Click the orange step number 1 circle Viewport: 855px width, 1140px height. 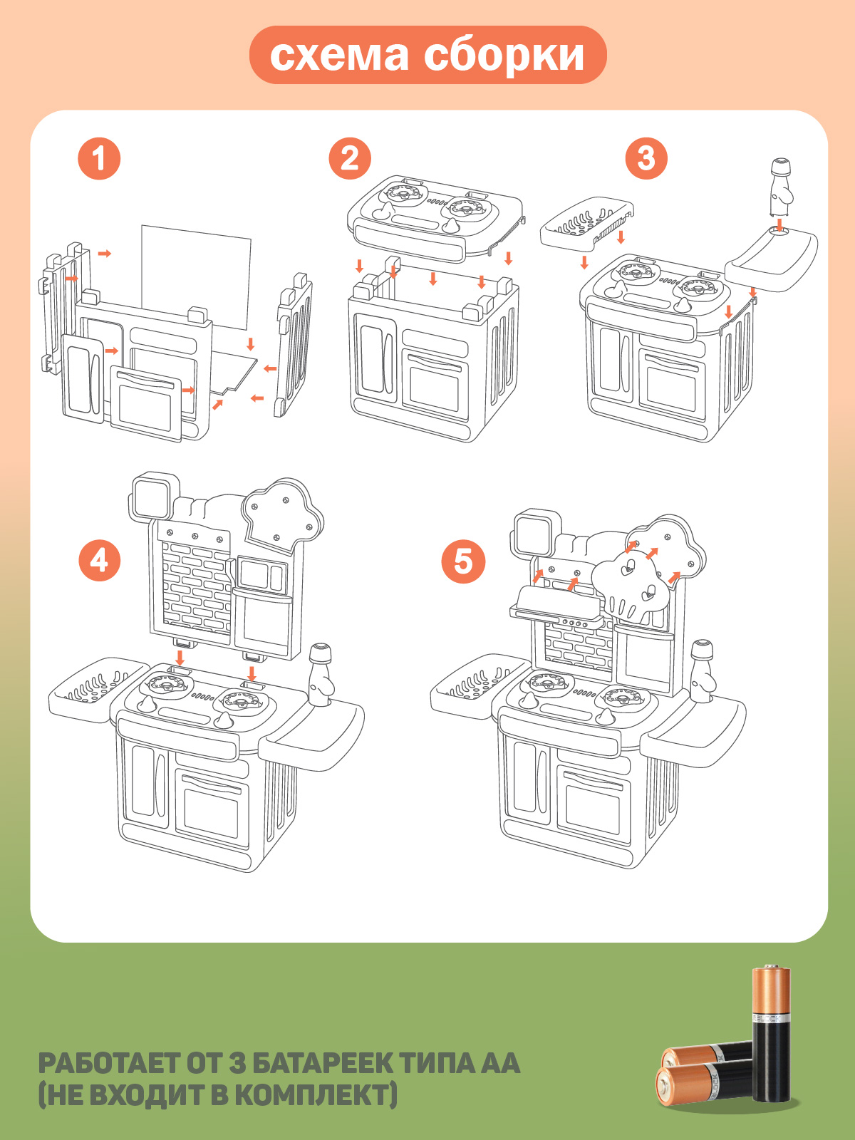[x=99, y=158]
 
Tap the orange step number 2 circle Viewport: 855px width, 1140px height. [x=350, y=158]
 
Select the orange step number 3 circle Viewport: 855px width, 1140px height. [x=646, y=158]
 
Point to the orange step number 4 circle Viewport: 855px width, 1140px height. [x=99, y=560]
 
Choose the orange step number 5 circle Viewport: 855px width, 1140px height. [x=463, y=561]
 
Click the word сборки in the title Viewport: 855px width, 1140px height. [x=504, y=56]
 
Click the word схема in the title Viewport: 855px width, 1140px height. [x=339, y=56]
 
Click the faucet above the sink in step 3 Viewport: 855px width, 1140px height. [x=780, y=187]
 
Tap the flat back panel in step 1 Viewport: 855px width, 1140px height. [x=196, y=278]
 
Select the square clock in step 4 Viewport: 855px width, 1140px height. [x=150, y=494]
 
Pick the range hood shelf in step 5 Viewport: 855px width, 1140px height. [x=556, y=604]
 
